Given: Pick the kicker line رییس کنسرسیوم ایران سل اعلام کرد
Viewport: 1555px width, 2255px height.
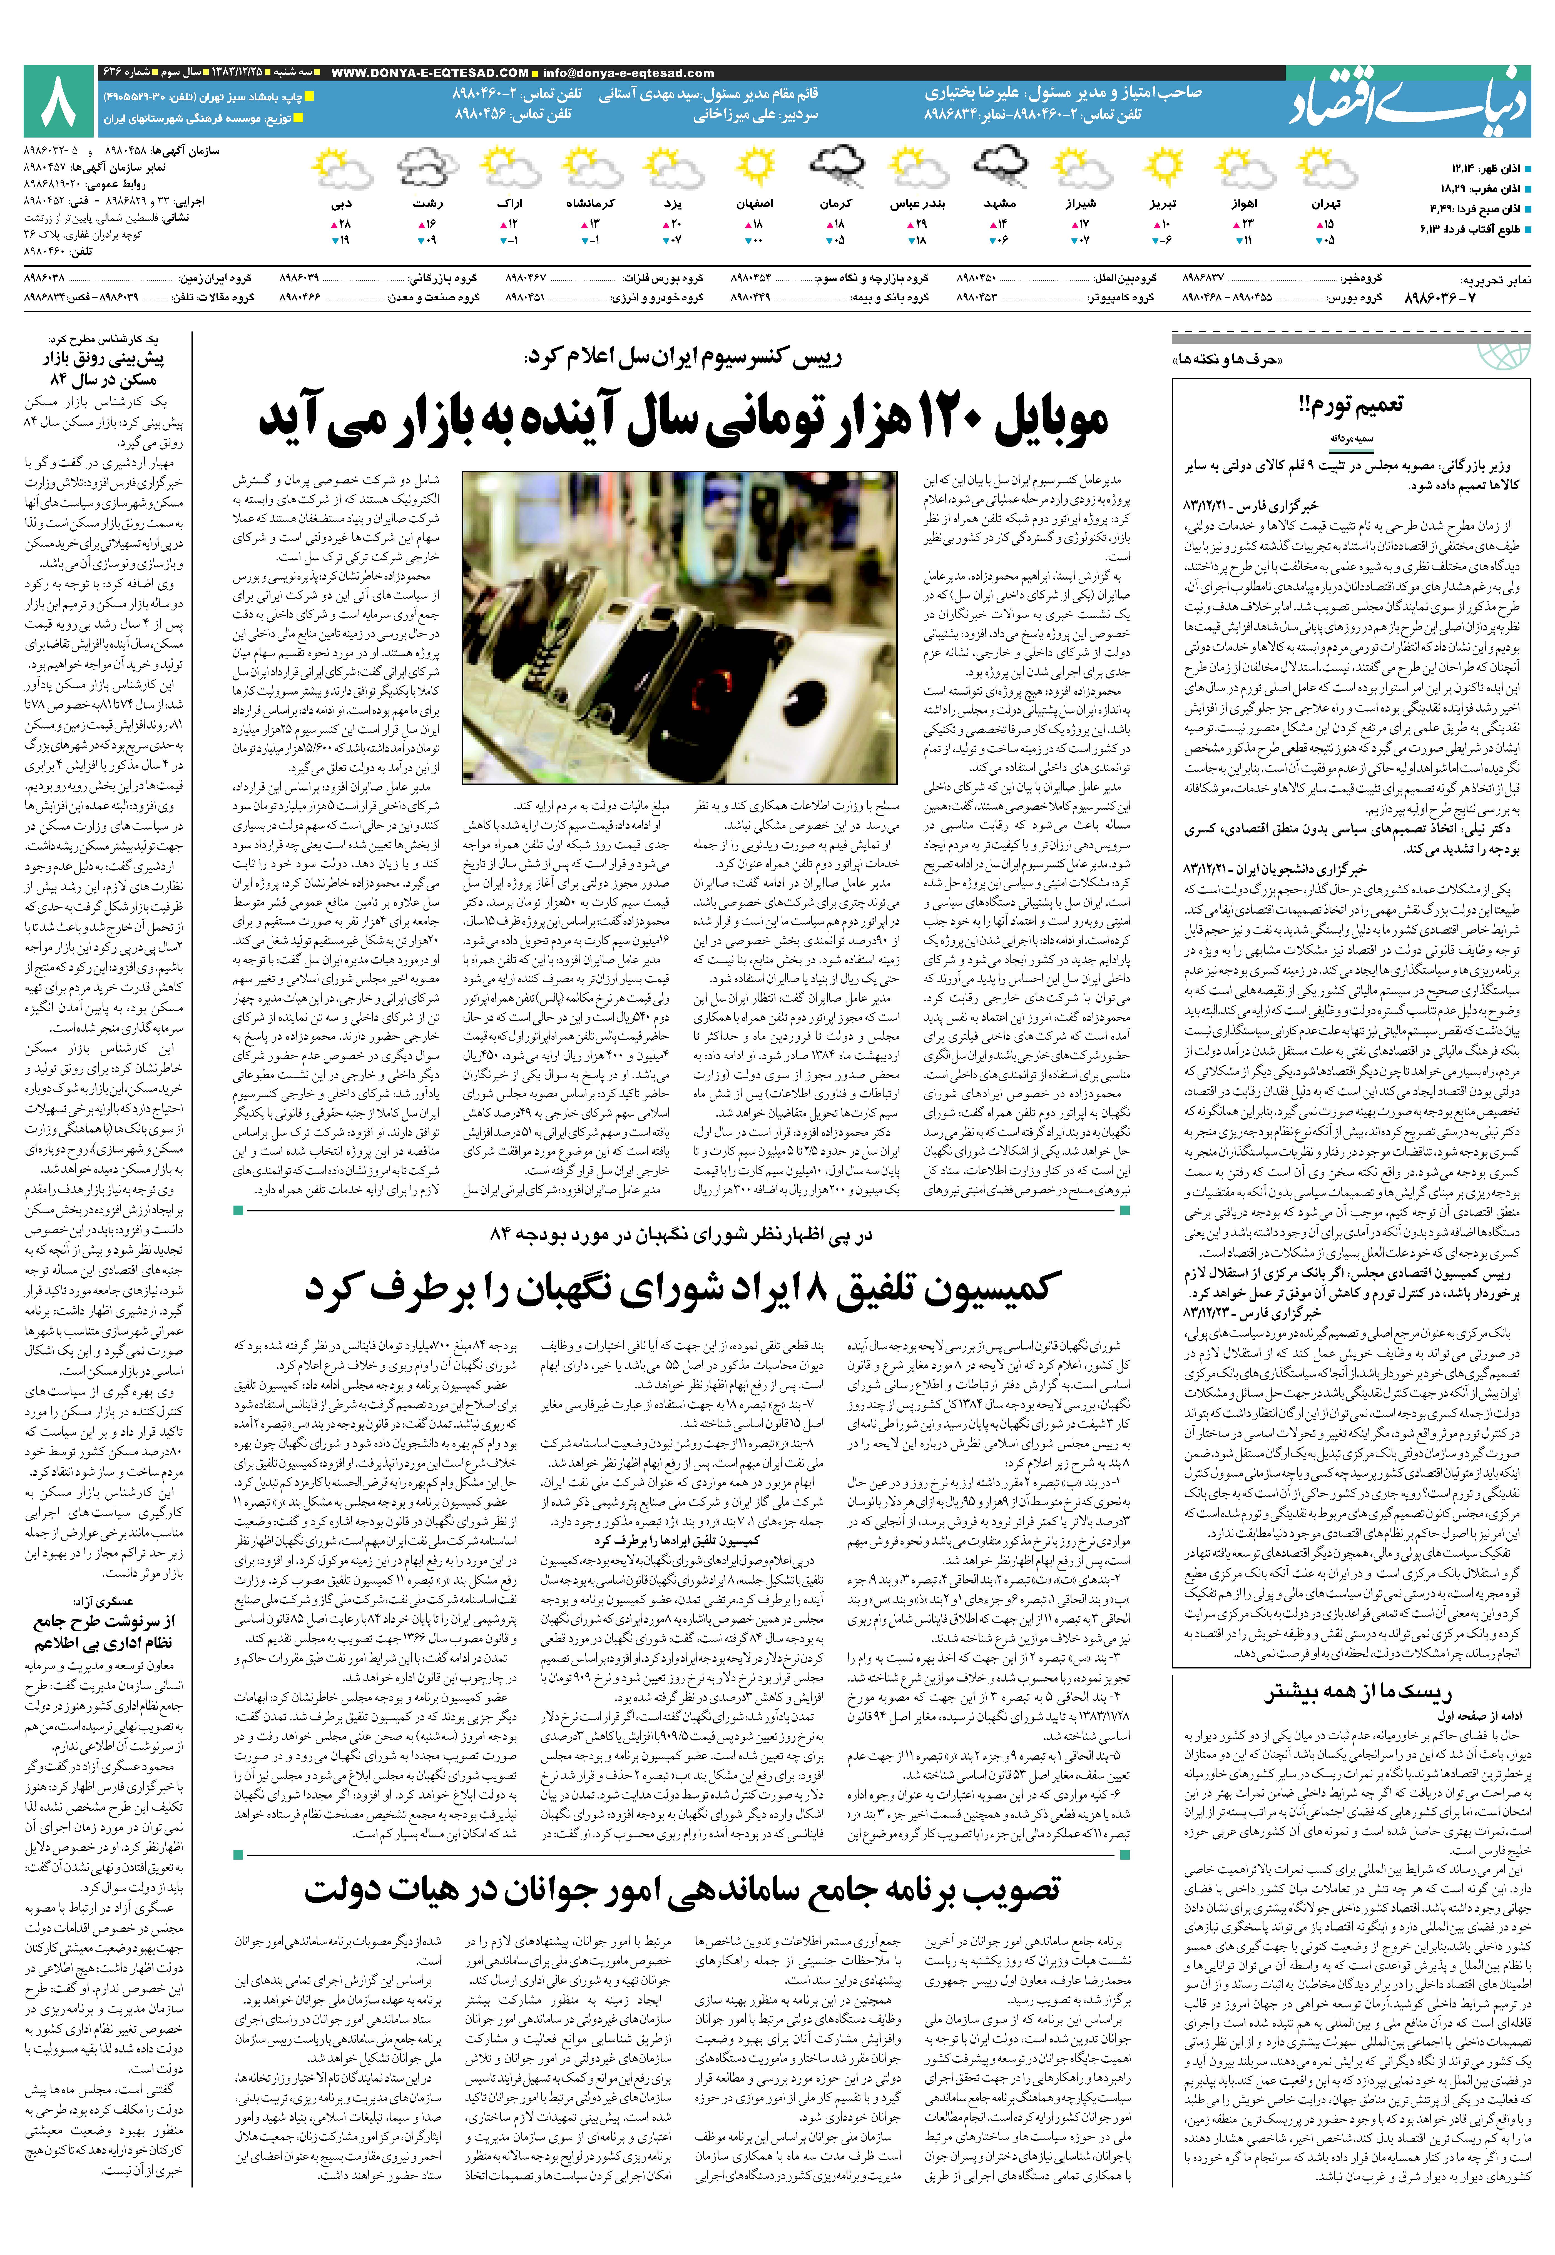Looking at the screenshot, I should [x=682, y=358].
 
